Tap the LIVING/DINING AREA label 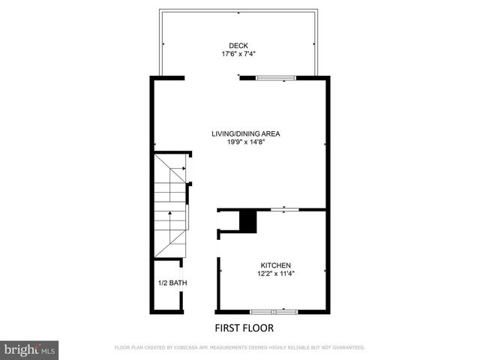click(245, 134)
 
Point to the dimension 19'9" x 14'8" click(246, 142)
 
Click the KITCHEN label click(275, 265)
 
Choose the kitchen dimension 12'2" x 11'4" click(275, 274)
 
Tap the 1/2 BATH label click(172, 283)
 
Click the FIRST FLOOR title click(244, 328)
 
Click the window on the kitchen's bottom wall click(274, 310)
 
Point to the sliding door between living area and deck click(276, 77)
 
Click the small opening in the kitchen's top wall click(283, 210)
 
